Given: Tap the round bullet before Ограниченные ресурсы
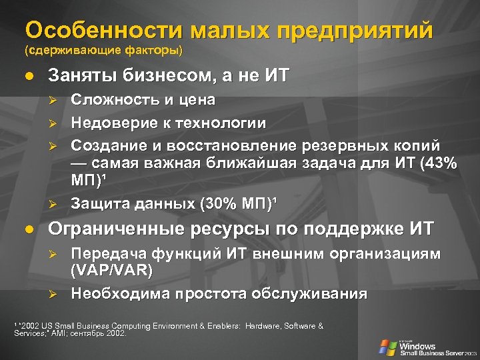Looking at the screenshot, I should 28,229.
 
